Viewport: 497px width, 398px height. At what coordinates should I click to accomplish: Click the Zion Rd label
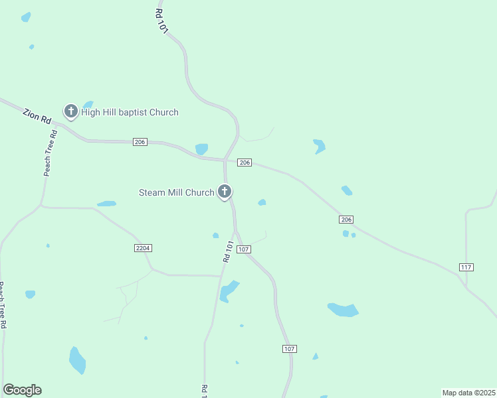point(37,115)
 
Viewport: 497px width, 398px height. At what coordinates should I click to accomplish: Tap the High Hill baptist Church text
point(130,112)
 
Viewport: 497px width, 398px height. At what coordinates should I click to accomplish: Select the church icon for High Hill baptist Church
point(70,111)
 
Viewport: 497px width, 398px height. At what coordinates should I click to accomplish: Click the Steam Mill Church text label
point(176,192)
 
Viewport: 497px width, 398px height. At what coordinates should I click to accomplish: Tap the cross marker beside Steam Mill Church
point(225,192)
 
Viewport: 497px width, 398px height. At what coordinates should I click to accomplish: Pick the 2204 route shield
point(143,248)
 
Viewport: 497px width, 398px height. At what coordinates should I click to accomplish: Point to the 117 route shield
point(466,267)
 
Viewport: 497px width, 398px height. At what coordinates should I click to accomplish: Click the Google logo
point(22,390)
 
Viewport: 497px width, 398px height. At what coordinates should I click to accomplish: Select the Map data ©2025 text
point(468,393)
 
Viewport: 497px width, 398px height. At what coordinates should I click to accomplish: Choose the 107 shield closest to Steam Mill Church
point(244,249)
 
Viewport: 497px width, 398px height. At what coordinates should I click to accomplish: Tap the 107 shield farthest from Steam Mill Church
point(289,348)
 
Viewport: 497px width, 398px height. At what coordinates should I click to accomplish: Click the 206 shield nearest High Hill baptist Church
point(140,142)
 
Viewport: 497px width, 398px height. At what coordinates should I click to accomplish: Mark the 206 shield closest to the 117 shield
point(346,220)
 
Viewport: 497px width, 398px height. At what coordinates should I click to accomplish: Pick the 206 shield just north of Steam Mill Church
point(245,163)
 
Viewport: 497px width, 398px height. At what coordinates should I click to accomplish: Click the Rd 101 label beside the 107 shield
point(228,252)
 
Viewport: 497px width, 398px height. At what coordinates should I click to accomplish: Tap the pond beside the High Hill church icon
point(88,104)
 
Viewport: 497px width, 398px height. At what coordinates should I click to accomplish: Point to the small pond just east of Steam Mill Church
point(262,202)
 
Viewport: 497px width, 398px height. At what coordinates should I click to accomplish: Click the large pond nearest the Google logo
point(77,360)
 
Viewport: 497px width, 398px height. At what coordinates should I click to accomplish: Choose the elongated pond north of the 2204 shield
point(106,204)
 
